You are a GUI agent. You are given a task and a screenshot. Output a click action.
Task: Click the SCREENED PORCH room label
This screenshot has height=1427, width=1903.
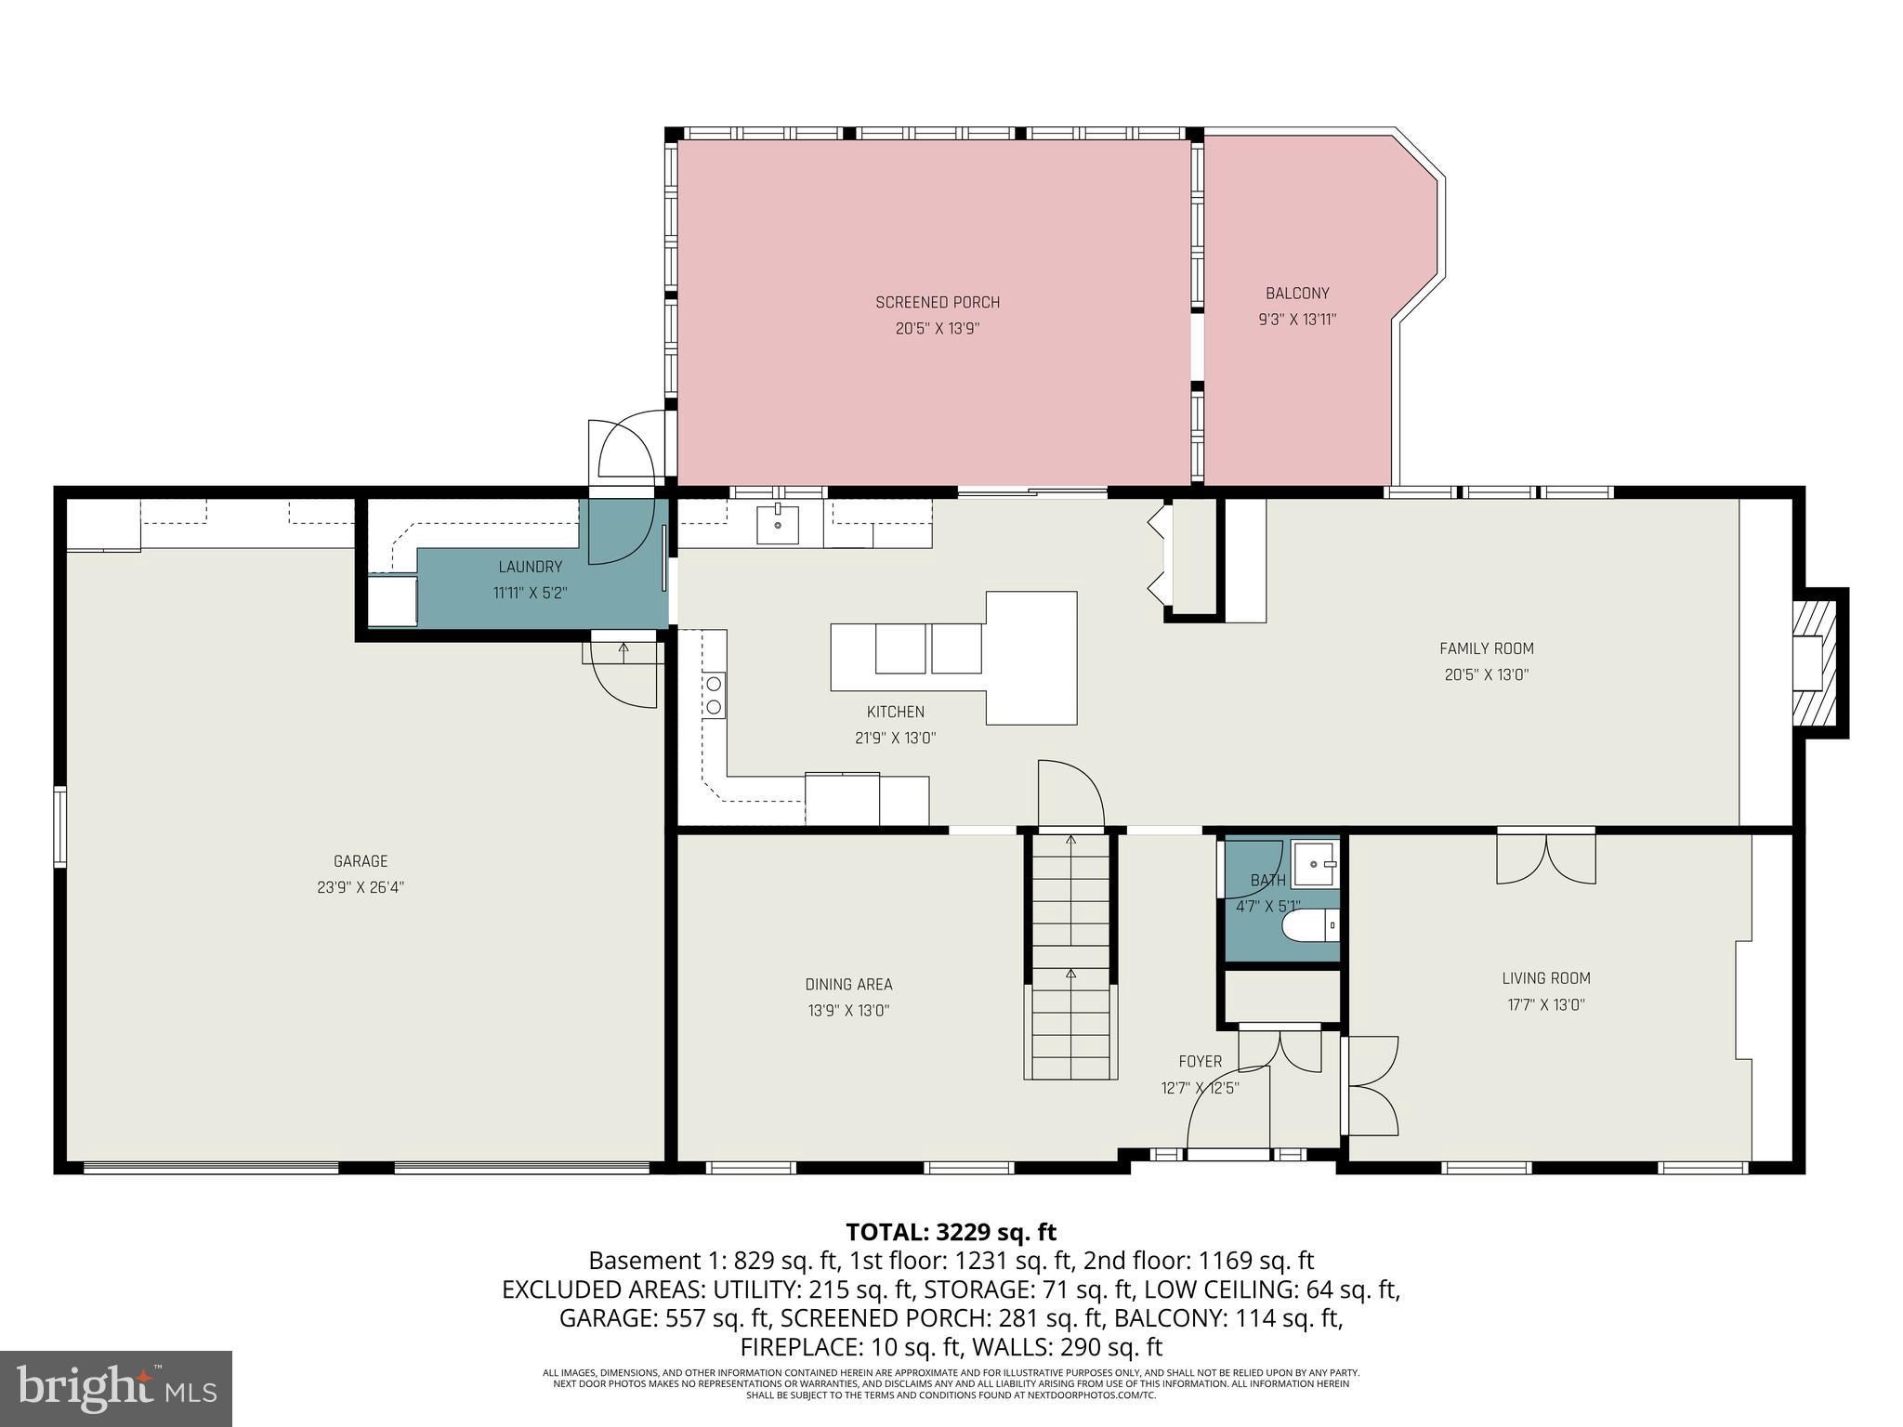938,302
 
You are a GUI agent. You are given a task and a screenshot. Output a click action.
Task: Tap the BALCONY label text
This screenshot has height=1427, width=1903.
1297,294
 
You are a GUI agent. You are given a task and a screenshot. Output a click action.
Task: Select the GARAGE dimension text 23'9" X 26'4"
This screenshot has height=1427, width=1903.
361,887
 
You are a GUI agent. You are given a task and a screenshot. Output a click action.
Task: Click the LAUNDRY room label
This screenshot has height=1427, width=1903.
530,567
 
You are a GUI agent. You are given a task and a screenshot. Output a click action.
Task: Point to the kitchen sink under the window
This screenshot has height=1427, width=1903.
778,525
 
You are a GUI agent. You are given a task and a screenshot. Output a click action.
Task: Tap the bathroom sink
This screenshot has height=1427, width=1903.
1315,864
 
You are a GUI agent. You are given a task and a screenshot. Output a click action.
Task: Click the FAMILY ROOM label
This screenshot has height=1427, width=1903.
1487,648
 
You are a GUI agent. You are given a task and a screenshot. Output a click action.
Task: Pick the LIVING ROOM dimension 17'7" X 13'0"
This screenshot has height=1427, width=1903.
1546,1004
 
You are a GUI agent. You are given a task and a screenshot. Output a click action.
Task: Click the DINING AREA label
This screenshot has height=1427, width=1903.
848,985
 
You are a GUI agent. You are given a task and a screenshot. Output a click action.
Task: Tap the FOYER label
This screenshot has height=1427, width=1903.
1201,1061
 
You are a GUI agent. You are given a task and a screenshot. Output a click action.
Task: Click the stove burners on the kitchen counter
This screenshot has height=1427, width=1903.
714,695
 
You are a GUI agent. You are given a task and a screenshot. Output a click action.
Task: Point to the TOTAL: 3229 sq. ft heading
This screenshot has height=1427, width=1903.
951,1232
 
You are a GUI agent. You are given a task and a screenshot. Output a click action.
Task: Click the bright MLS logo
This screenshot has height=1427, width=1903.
116,1388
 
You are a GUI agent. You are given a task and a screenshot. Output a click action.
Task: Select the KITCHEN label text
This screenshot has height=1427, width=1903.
895,712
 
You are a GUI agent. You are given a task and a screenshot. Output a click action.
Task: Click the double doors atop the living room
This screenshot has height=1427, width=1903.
1546,858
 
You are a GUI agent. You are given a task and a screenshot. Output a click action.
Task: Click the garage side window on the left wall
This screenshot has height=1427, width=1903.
60,826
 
